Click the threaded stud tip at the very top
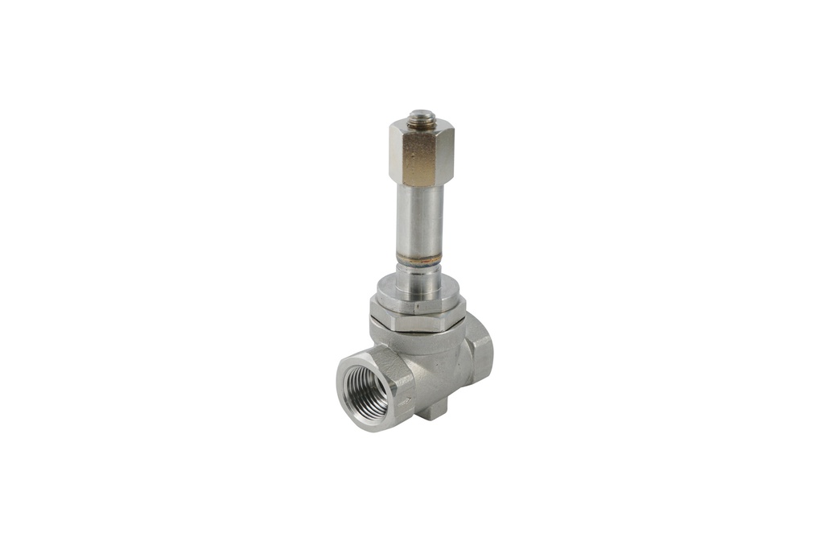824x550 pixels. point(418,118)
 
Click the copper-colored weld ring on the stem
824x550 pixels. point(418,259)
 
